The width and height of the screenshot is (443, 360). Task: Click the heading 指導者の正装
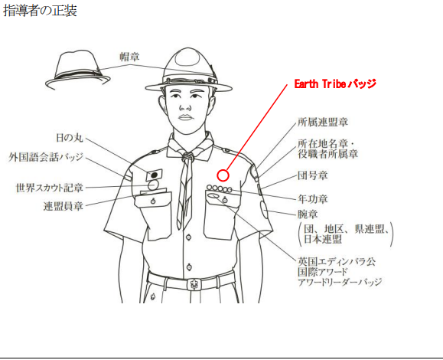40,11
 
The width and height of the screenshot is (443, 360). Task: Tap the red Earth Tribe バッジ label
335,84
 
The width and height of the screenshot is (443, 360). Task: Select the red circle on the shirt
223,175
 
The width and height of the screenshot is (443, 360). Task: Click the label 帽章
129,57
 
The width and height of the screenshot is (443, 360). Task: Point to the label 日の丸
70,138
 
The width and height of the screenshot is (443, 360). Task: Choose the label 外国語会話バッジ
46,157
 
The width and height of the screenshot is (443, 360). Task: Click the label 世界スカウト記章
50,188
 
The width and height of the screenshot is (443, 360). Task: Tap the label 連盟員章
64,206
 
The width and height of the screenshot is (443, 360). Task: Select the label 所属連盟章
323,122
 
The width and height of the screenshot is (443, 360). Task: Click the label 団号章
312,175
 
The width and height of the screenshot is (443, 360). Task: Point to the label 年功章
312,199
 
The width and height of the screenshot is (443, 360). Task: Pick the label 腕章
308,214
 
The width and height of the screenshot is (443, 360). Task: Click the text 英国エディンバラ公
337,261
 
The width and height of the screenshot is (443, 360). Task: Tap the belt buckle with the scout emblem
194,284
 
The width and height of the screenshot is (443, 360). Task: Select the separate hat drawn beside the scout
78,70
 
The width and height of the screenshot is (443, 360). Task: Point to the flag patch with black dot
154,175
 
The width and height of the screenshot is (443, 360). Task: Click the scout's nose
185,106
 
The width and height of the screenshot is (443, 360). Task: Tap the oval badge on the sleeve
264,210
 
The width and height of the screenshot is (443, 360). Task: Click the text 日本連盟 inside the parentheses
323,239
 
